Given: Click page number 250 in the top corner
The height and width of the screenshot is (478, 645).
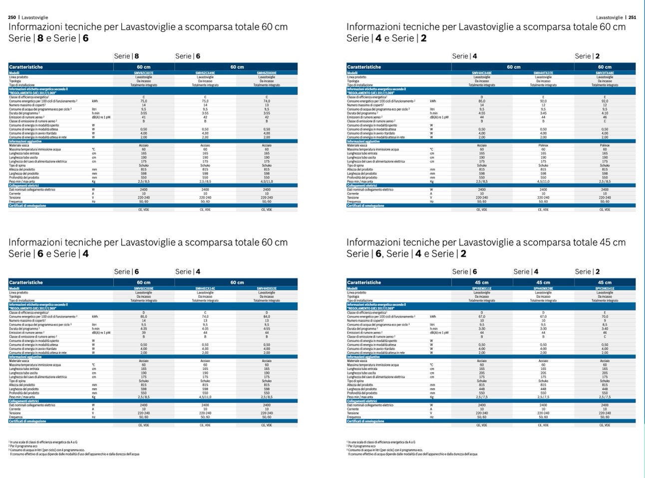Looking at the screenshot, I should [12, 17].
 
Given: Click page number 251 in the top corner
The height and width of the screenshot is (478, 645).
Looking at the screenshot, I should [632, 17].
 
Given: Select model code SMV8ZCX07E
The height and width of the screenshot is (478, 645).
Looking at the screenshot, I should [144, 73].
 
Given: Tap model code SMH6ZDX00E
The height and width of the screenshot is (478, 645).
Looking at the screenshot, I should [267, 73].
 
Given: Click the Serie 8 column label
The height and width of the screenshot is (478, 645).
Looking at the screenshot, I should [126, 56].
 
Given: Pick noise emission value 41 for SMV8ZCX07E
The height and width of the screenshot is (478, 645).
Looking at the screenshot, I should [144, 117].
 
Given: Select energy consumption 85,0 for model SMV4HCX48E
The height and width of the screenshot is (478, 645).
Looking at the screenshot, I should [482, 101].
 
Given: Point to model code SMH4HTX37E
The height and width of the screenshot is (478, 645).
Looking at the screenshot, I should [543, 73].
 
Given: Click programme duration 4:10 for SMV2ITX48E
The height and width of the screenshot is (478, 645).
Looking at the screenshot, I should [605, 113].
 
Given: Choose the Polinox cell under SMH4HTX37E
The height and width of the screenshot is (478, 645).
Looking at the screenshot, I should [543, 145].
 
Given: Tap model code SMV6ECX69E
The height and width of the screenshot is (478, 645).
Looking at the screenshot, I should [144, 289].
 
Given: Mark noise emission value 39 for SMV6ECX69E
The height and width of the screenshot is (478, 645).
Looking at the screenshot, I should [144, 332].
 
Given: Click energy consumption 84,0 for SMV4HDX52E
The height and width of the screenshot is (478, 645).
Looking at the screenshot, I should [267, 317].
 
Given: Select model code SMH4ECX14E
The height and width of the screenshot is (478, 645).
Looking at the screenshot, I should [205, 289].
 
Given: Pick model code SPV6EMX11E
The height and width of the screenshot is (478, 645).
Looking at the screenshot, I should [482, 289].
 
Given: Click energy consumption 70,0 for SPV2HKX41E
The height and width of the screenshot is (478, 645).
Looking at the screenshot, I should [605, 317].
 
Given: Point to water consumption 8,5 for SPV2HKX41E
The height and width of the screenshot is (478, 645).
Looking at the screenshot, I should [605, 324].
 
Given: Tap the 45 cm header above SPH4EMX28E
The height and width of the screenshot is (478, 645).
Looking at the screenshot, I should [543, 282].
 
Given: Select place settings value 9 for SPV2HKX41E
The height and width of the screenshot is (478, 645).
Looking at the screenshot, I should [605, 320].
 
